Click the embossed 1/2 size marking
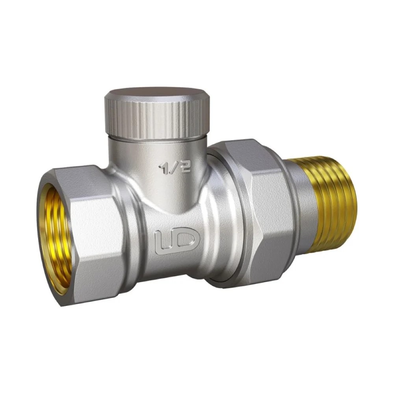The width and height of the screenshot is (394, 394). pyautogui.click(x=175, y=166)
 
